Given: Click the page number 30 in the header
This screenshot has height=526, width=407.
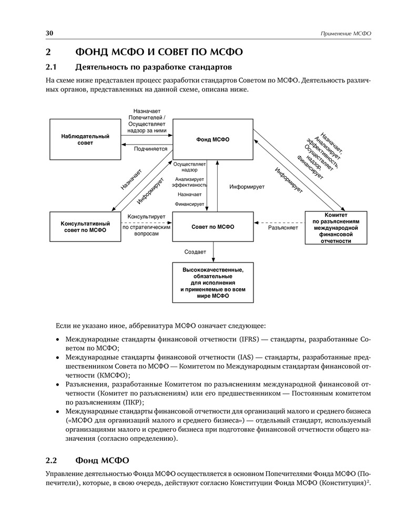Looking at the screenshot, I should coord(49,33).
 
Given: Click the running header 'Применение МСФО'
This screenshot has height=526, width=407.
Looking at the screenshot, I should coord(345,34).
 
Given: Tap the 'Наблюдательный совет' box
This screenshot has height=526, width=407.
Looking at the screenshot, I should coord(85,140).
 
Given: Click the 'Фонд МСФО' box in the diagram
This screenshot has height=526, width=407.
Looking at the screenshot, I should coord(212,139).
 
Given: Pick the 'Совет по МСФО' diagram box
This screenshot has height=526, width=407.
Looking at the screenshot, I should coord(212,227).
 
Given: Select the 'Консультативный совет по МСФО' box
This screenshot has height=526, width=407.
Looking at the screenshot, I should coord(85,227).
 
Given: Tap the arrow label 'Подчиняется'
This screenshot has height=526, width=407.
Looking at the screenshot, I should coord(150,149).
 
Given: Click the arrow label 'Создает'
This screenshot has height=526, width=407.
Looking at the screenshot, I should coord(195,251).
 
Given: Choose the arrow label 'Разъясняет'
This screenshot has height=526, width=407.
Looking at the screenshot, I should coord(283,228).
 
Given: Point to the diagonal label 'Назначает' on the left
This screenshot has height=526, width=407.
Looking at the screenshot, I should coord(131,178).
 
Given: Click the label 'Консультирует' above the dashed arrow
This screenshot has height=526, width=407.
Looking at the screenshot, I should coord(147,217).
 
